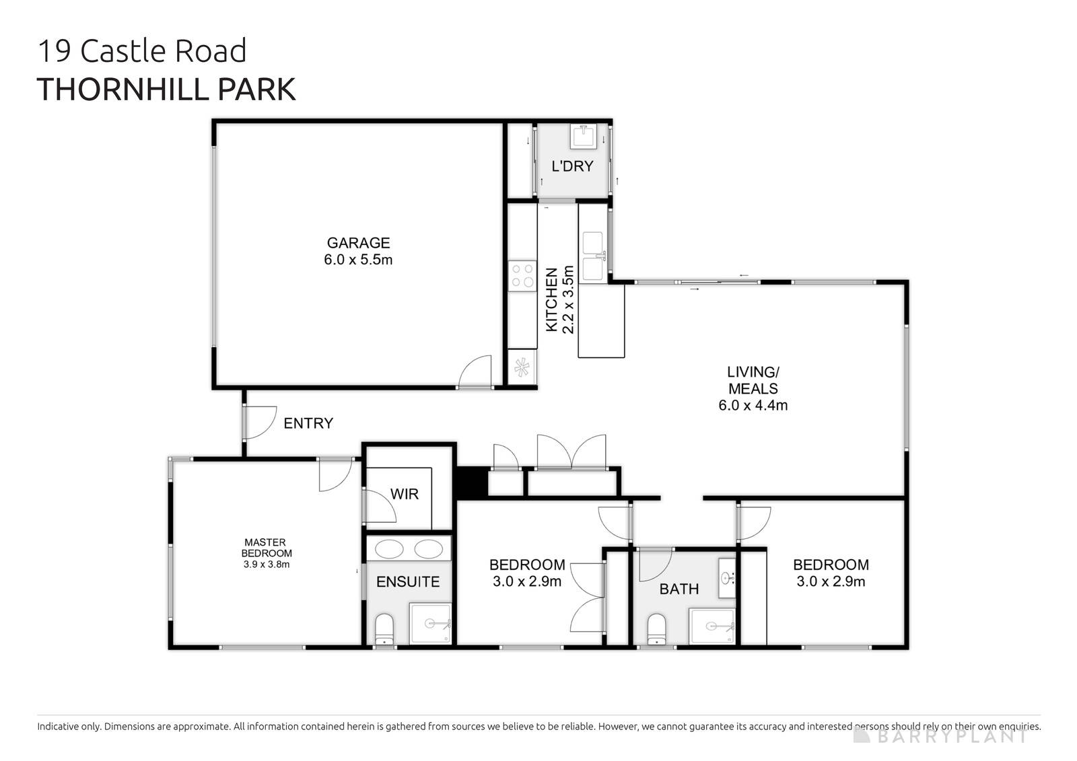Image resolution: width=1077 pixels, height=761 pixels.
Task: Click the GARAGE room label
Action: pyautogui.click(x=358, y=243)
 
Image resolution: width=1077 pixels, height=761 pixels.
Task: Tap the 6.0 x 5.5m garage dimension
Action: pyautogui.click(x=358, y=260)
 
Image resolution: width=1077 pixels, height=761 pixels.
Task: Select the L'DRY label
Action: pyautogui.click(x=572, y=166)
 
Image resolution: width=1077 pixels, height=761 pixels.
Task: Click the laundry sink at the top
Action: pyautogui.click(x=582, y=137)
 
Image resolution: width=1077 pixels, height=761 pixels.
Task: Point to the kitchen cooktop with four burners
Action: pyautogui.click(x=522, y=275)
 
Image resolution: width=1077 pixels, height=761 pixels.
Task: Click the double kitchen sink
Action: pyautogui.click(x=592, y=256)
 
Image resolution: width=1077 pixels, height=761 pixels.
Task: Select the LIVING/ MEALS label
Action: pyautogui.click(x=753, y=380)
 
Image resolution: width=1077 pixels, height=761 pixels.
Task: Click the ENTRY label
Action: pyautogui.click(x=308, y=423)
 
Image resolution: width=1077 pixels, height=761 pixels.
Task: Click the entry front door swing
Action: pyautogui.click(x=259, y=423)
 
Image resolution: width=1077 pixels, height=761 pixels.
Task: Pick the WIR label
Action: pyautogui.click(x=405, y=495)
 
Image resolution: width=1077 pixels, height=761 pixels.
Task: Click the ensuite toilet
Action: pyautogui.click(x=384, y=628)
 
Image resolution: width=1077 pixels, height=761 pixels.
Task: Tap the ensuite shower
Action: pyautogui.click(x=431, y=624)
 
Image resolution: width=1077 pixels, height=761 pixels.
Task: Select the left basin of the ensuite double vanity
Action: pyautogui.click(x=388, y=550)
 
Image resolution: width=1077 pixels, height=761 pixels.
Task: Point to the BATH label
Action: pyautogui.click(x=679, y=589)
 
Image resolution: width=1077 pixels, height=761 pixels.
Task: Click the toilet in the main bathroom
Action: pyautogui.click(x=656, y=628)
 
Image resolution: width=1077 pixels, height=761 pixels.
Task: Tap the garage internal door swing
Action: pyautogui.click(x=475, y=372)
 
